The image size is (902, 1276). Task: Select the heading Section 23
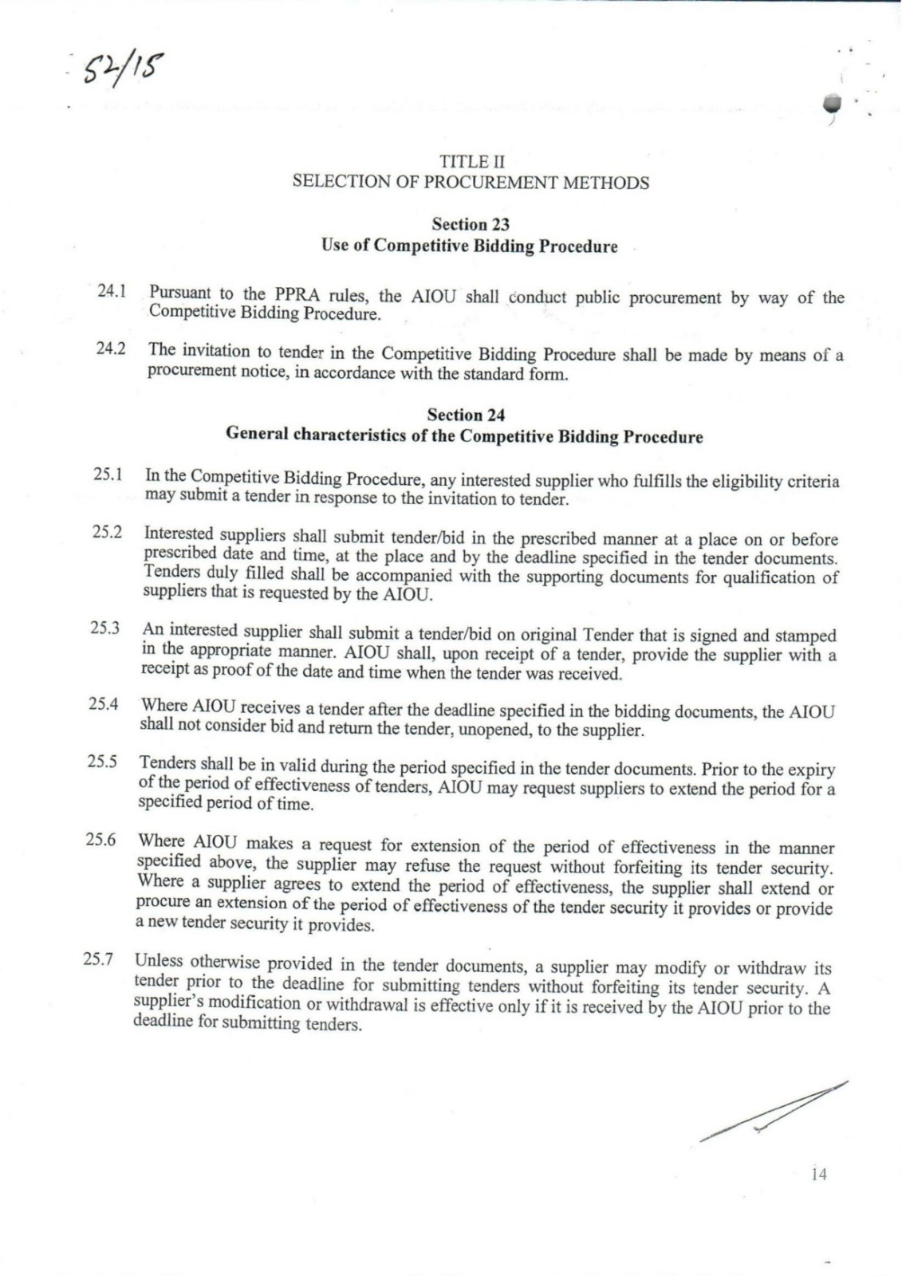click(471, 225)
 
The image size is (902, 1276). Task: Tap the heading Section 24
click(466, 415)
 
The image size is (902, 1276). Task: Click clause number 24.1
click(113, 290)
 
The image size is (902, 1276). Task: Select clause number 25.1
click(108, 475)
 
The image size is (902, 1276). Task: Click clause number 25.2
click(107, 532)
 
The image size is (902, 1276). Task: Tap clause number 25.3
click(105, 628)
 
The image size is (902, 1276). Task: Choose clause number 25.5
click(103, 761)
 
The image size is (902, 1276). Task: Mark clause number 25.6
click(100, 840)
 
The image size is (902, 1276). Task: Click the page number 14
click(818, 1174)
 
